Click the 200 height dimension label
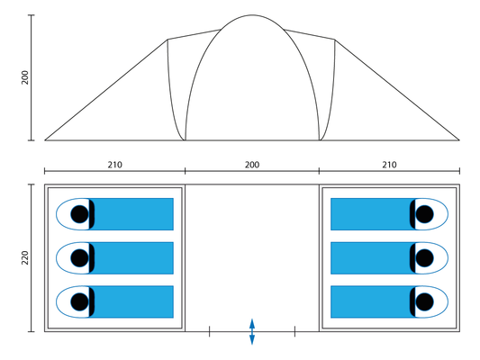coord(25,77)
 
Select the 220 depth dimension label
coord(25,257)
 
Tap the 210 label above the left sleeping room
coord(114,165)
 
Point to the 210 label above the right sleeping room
coord(389,165)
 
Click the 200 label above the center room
coord(252,165)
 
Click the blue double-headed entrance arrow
coord(252,331)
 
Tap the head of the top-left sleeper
coord(79,214)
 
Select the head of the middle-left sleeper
coord(79,257)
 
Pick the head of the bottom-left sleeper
coord(79,301)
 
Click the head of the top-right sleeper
coord(424,214)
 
